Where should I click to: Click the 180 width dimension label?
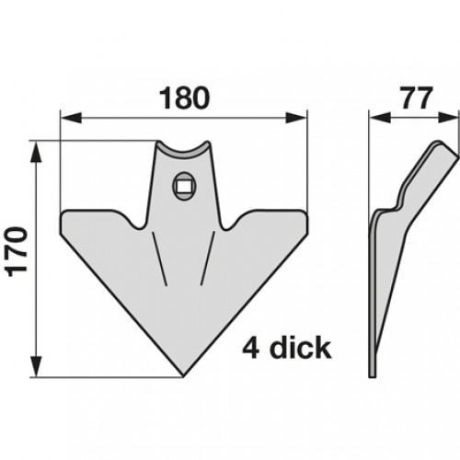184,98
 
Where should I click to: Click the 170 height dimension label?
17,252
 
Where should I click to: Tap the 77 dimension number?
417,98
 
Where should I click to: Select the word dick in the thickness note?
300,348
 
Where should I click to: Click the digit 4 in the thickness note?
251,348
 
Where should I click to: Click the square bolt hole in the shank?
184,186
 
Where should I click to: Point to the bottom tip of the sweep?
183,375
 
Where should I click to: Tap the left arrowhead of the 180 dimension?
71,118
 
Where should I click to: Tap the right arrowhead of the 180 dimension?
296,118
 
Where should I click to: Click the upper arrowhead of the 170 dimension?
37,152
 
